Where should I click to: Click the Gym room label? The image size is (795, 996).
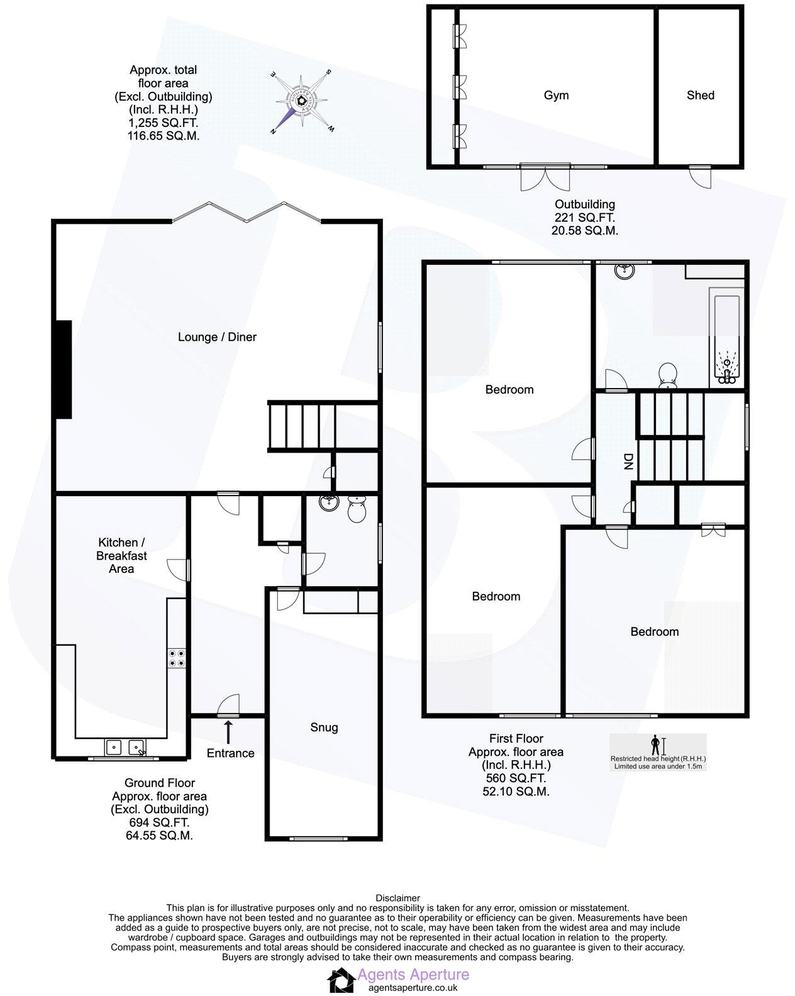[556, 96]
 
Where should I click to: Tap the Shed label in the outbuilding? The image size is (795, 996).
[700, 96]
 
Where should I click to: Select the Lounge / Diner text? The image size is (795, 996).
[217, 337]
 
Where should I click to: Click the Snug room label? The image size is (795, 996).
[324, 728]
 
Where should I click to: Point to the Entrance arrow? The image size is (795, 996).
[228, 731]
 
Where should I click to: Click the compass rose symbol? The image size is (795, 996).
[303, 101]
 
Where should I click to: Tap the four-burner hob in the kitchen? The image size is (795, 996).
[177, 658]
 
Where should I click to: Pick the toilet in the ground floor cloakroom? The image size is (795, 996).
[357, 509]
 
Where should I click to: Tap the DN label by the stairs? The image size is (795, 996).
[627, 462]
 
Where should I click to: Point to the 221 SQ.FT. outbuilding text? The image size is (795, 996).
[584, 218]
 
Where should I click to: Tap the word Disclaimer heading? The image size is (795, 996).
[397, 898]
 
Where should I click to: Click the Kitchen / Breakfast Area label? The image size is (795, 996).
[121, 555]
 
